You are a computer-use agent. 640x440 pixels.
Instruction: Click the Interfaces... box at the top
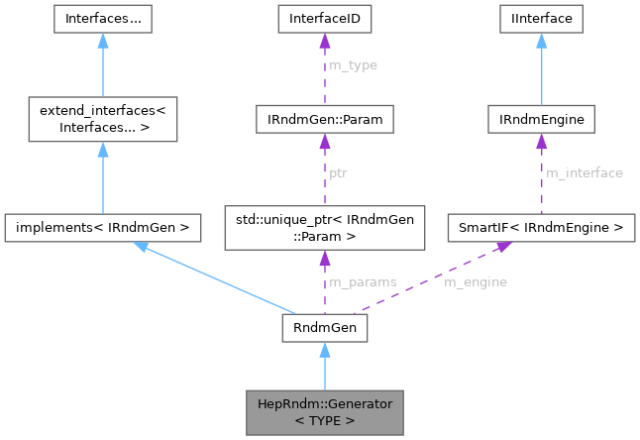tap(102, 18)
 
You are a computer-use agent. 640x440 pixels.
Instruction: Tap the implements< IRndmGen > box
tap(102, 229)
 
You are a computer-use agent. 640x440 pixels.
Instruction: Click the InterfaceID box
tap(324, 18)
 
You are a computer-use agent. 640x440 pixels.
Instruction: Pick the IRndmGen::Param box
tap(324, 120)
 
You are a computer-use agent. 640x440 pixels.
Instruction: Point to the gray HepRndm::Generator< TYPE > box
tap(324, 411)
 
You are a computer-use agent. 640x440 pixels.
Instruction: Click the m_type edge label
tap(353, 65)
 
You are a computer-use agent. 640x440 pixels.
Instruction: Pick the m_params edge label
tap(364, 281)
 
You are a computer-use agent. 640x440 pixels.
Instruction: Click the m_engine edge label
tap(475, 281)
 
